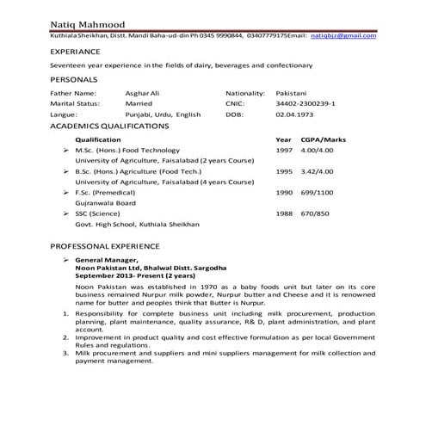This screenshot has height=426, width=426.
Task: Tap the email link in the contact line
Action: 343,36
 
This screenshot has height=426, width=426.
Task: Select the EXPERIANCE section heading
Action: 76,52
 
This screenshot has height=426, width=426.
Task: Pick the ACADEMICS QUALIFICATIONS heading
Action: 109,126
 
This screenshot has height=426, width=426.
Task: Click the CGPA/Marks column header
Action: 319,139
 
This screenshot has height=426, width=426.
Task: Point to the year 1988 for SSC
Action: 284,213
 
